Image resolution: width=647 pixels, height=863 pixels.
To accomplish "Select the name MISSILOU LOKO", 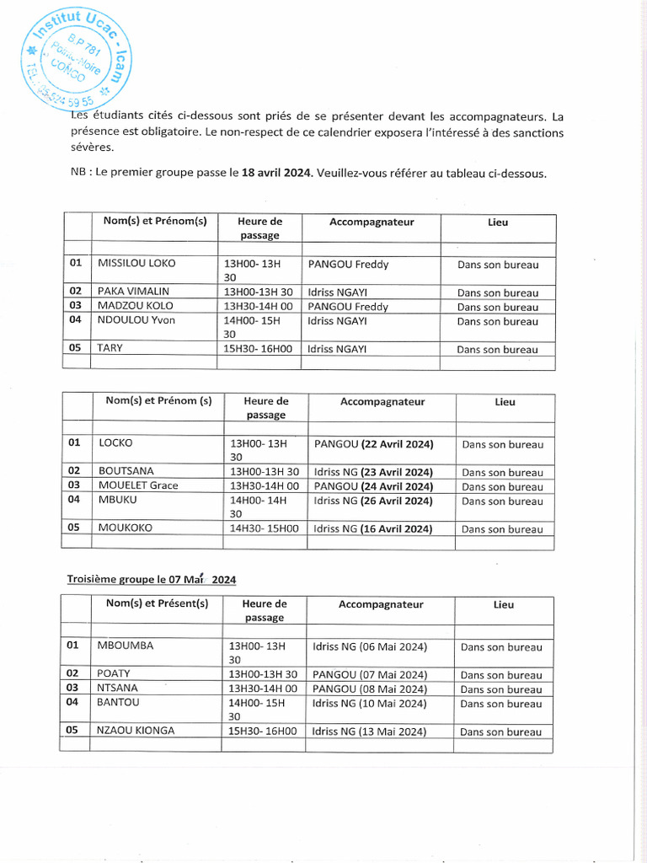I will (136, 264).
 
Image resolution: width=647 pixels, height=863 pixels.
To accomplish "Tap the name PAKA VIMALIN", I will (134, 292).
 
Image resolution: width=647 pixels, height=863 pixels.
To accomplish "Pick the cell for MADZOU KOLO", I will (136, 306).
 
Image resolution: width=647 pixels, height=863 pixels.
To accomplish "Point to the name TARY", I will (110, 348).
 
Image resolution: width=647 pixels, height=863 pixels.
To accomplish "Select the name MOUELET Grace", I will (138, 485).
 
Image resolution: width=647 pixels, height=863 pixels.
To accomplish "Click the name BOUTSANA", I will (126, 471).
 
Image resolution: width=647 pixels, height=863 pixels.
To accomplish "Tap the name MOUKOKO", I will (126, 528).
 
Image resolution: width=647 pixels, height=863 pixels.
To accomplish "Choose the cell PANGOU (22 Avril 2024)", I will (373, 443).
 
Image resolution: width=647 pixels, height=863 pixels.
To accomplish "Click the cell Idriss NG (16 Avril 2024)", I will (372, 529).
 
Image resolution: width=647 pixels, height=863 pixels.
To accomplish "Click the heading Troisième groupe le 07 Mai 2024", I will (152, 580).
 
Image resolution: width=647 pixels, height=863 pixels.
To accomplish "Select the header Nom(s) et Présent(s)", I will (157, 604).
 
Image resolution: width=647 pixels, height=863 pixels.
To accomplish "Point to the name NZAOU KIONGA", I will (136, 731).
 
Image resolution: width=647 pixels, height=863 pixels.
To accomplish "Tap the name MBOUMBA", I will (126, 646).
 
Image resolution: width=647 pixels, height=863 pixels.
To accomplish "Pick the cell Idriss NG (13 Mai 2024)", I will (369, 732).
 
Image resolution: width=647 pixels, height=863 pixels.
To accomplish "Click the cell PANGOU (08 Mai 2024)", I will (370, 689).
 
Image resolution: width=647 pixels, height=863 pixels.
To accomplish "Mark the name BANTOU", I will (118, 702).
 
